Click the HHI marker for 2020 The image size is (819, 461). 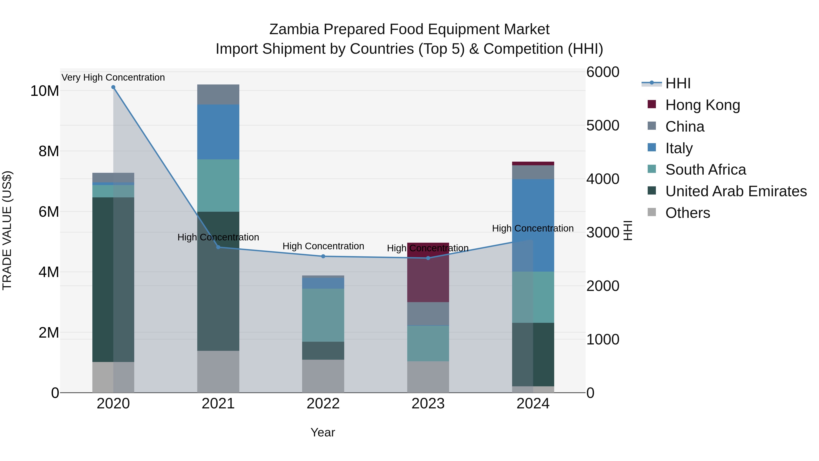point(113,87)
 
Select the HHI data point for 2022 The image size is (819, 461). point(323,256)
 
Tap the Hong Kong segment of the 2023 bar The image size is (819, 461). point(428,277)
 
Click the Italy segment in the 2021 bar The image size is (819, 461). point(218,132)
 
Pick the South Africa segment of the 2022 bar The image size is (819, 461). point(323,315)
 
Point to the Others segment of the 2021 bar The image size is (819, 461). point(218,372)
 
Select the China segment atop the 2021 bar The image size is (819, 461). point(218,94)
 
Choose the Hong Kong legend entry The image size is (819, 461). point(703,105)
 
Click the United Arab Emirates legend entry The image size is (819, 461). point(736,191)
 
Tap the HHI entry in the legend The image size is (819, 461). point(678,83)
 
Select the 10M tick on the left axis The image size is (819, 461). point(45,91)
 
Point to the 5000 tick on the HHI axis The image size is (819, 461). point(602,125)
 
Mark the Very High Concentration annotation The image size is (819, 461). point(113,77)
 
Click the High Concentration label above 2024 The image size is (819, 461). point(533,228)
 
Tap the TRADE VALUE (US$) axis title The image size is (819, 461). point(7,230)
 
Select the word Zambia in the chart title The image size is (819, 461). point(294,29)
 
